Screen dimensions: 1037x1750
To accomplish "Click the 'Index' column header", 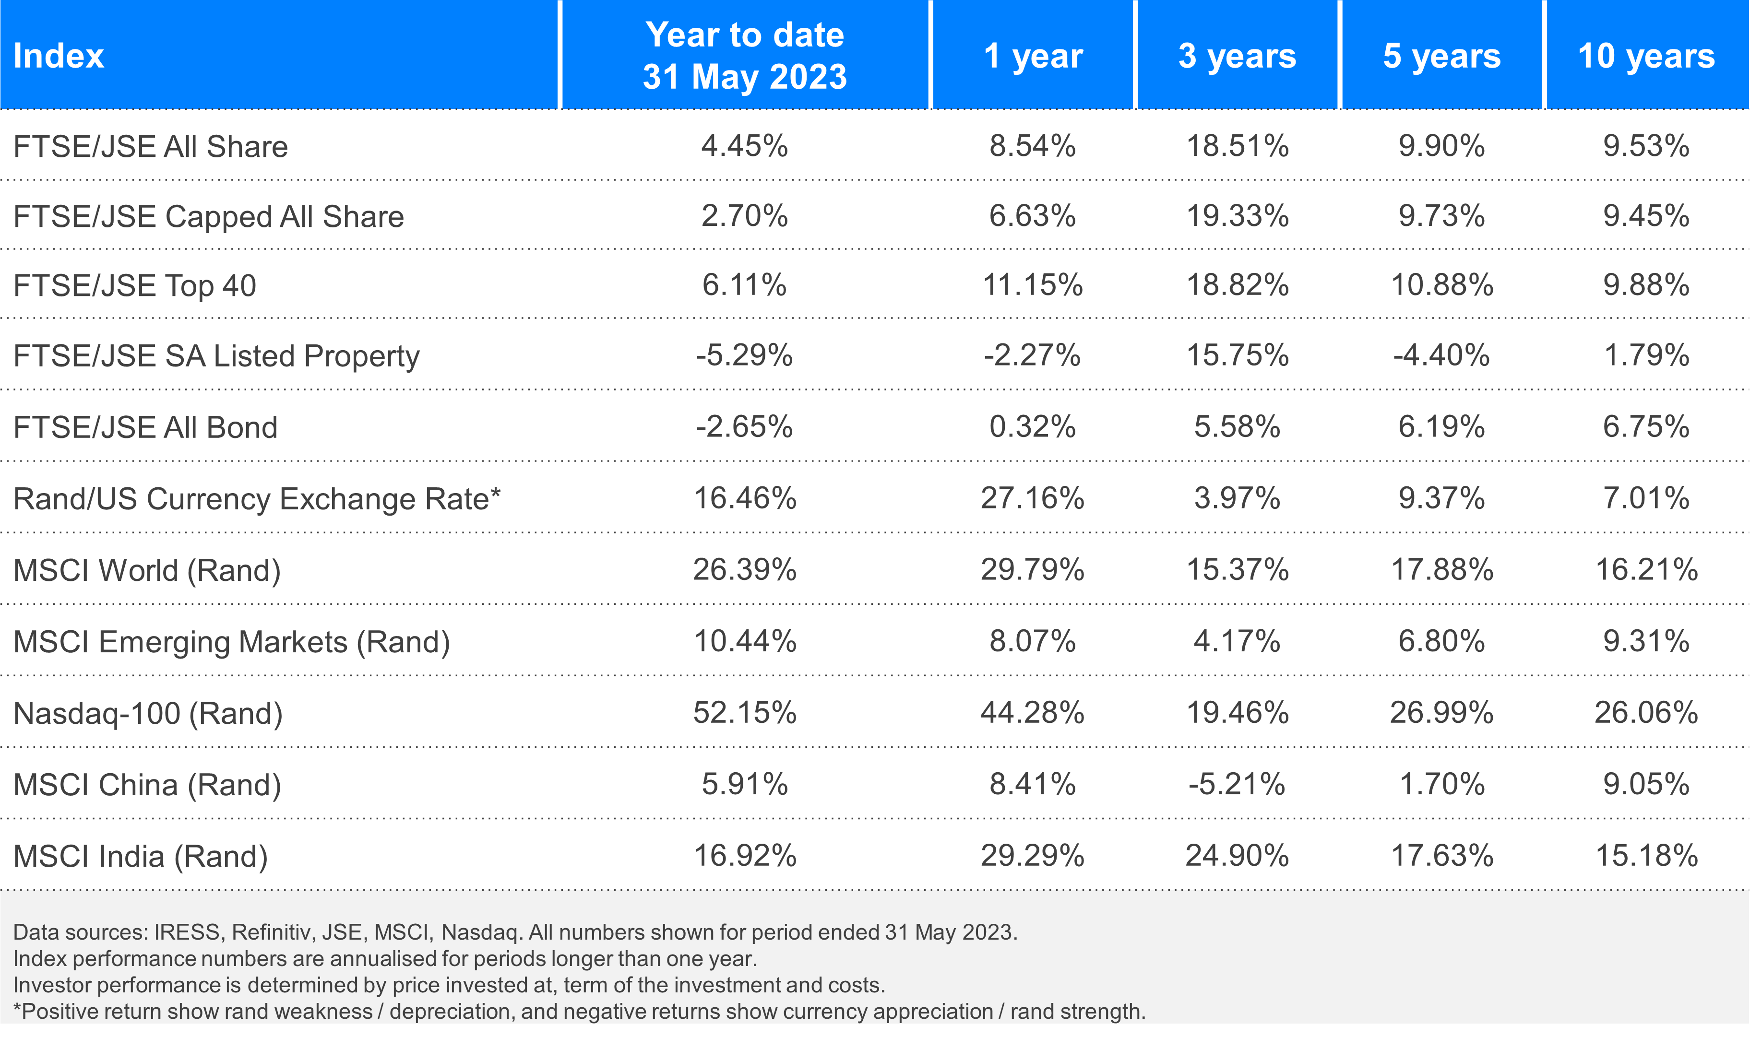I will click(x=59, y=56).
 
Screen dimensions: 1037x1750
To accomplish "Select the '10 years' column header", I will click(x=1646, y=56).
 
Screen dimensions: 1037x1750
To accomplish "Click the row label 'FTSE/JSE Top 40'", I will click(x=135, y=286).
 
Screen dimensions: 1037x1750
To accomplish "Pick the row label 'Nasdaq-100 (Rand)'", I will click(x=148, y=713).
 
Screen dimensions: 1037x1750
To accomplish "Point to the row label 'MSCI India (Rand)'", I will click(x=141, y=856).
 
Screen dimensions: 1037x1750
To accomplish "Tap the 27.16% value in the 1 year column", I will click(x=1032, y=498).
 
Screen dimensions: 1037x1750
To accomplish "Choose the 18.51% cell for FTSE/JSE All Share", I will click(x=1237, y=146).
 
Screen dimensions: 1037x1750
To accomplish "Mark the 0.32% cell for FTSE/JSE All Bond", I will click(x=1032, y=426).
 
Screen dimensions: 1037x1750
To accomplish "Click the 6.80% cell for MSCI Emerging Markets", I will click(x=1441, y=641).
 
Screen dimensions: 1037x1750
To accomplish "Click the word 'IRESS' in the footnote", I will click(x=187, y=932).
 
